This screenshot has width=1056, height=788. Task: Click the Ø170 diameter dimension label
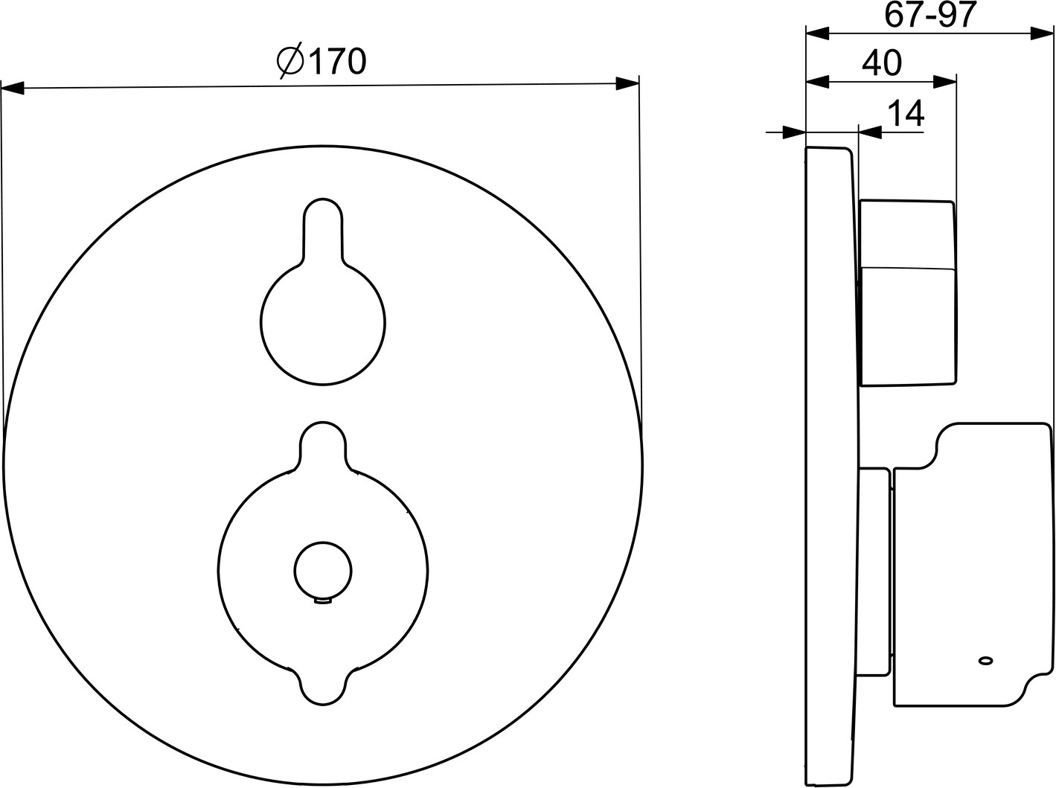click(x=321, y=62)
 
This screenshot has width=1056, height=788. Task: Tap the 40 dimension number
click(x=881, y=63)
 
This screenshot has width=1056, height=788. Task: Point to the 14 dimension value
click(x=905, y=114)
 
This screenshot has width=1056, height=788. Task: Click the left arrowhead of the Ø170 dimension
click(x=13, y=88)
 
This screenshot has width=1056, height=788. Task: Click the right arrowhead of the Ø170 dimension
click(x=627, y=83)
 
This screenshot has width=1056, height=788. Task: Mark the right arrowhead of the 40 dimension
click(x=944, y=82)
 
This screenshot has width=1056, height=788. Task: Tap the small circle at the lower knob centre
click(x=323, y=571)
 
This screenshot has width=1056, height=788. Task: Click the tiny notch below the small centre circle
click(x=323, y=600)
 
